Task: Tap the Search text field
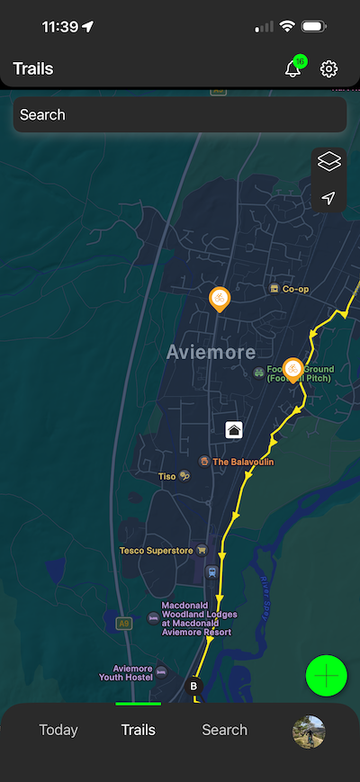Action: (180, 115)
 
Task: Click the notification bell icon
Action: (293, 69)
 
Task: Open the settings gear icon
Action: (329, 69)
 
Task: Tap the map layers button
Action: (329, 163)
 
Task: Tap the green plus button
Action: (327, 675)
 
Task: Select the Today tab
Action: (58, 730)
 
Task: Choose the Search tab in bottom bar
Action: (224, 730)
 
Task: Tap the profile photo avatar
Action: (309, 732)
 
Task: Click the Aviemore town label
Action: (211, 353)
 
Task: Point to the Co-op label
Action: (294, 289)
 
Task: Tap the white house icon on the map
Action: (234, 429)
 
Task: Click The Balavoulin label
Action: (242, 462)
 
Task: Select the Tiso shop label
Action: (167, 476)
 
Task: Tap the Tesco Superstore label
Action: (157, 550)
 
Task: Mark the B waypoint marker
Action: (193, 687)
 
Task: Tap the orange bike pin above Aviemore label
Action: (219, 298)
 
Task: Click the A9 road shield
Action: (123, 622)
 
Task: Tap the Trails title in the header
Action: (33, 69)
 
